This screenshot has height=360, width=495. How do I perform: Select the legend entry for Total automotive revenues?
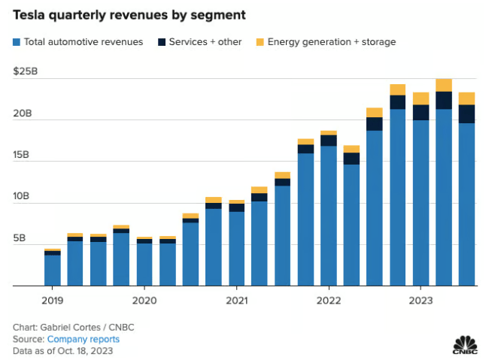point(78,42)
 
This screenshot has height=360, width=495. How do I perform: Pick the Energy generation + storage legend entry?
point(332,42)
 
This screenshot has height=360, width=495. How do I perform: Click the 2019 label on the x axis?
point(52,298)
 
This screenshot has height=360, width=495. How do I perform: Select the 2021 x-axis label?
point(236,298)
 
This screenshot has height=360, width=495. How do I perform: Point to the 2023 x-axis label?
point(420,298)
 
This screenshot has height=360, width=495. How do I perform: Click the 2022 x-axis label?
point(328,298)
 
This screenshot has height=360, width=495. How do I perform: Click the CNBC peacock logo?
point(465,342)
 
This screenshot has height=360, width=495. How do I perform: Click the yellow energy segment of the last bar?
point(466,98)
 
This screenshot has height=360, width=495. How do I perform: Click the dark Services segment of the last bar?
point(466,113)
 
